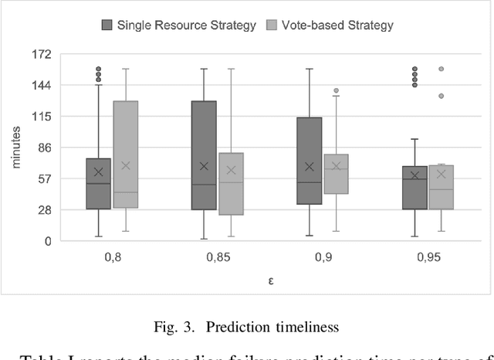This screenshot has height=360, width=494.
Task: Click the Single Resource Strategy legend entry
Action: coord(178,25)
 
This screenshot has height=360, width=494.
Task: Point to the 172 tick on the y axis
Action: coord(41,54)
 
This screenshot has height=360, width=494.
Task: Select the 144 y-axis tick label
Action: coord(41,86)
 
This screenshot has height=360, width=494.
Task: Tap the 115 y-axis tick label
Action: coord(41,117)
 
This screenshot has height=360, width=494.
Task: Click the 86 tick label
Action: coord(43,148)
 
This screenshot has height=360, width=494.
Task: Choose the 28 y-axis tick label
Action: coord(43,209)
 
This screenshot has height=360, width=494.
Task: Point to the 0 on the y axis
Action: coord(46,241)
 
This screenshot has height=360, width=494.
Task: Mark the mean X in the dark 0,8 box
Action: coord(98,172)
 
